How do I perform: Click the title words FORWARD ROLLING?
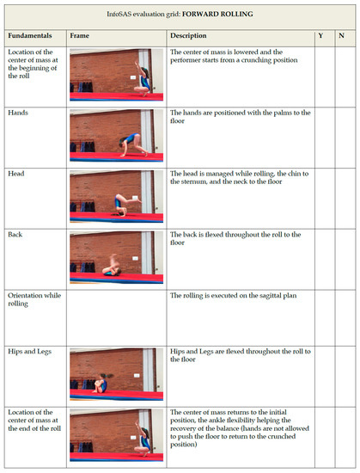tap(217, 14)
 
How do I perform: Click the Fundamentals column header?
tap(30, 35)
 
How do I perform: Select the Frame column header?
tap(80, 35)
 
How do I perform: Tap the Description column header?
tap(188, 35)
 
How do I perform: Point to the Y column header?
tap(320, 35)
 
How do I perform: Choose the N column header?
tap(341, 35)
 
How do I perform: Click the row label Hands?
tap(18, 113)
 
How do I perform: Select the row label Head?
tap(16, 174)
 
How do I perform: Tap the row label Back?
tap(15, 235)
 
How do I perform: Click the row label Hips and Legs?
tap(30, 352)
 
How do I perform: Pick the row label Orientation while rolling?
tap(34, 299)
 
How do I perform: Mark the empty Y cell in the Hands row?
tap(325, 138)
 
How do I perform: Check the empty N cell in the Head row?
tap(345, 199)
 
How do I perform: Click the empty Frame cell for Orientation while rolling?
tap(116, 318)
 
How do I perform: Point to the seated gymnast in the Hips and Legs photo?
tap(101, 383)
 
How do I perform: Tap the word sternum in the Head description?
tap(195, 181)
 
